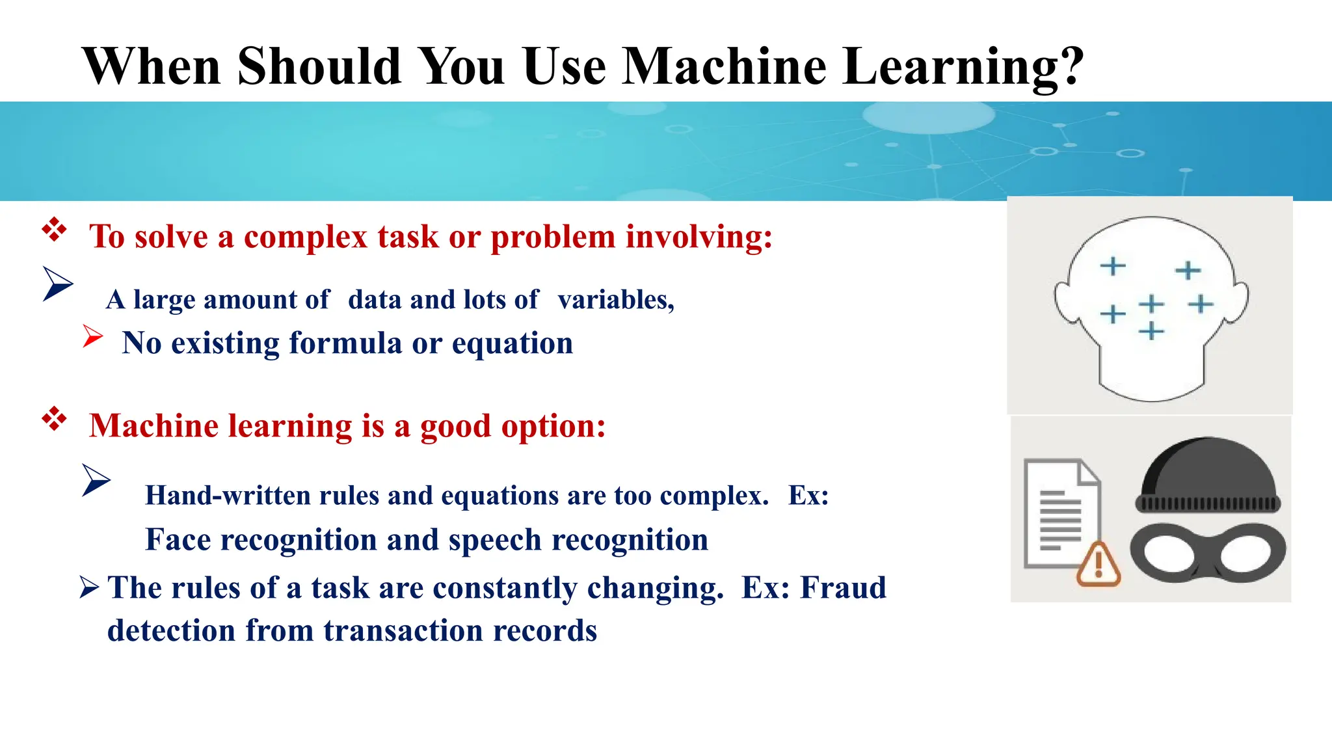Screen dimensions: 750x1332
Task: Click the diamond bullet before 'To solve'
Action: [x=54, y=230]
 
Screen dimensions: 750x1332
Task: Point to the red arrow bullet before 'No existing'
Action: [x=93, y=336]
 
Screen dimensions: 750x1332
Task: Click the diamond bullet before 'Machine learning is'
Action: [x=54, y=419]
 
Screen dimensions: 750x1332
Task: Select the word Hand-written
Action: [x=226, y=496]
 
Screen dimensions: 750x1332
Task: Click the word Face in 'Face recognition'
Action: [x=178, y=540]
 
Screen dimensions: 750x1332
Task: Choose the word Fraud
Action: [x=843, y=587]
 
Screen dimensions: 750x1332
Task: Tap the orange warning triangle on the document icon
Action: [x=1099, y=565]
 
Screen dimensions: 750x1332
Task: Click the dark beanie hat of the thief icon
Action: [x=1208, y=472]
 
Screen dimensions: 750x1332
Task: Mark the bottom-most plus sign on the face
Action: [x=1151, y=331]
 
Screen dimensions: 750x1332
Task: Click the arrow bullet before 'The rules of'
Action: [x=89, y=587]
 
